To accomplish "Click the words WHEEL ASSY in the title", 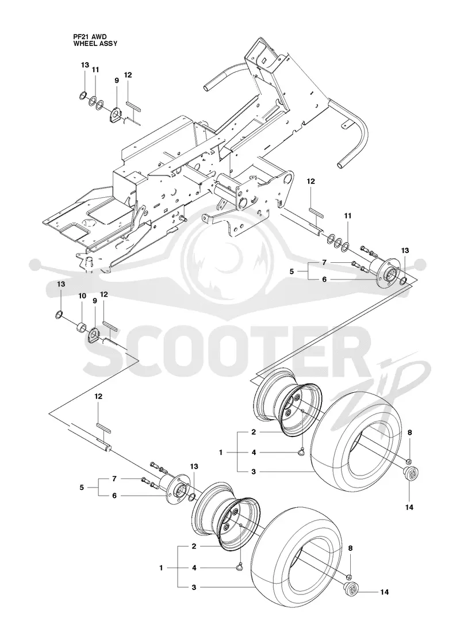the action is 95,43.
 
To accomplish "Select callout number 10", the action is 82,296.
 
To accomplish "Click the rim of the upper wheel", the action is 287,404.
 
